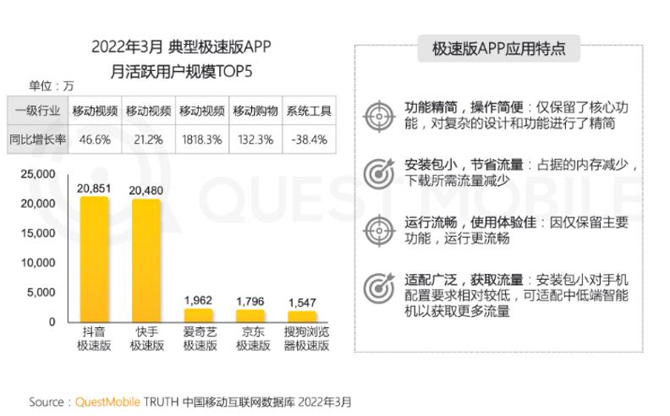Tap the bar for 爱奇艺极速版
pyautogui.click(x=200, y=315)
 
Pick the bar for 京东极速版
pyautogui.click(x=252, y=316)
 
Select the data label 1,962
pyautogui.click(x=200, y=300)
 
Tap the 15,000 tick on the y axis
pyautogui.click(x=38, y=233)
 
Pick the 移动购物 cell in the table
pyautogui.click(x=255, y=111)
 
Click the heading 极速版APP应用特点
pyautogui.click(x=499, y=50)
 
